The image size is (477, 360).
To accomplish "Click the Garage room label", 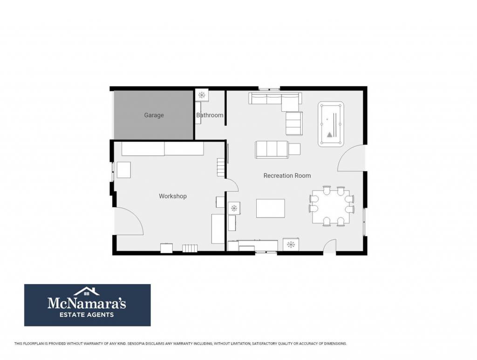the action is [154, 115].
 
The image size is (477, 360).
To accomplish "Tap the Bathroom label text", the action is [210, 115].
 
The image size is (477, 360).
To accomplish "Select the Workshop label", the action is [173, 196].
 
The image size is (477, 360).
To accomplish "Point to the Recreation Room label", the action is [287, 176].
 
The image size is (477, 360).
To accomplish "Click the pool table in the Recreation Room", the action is [331, 124].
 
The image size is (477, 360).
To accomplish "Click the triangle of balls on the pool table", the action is [330, 135].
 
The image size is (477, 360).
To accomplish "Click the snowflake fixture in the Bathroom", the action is [202, 95].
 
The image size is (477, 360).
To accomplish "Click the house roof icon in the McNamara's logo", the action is [87, 291].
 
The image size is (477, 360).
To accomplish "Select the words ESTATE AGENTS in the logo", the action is [87, 315].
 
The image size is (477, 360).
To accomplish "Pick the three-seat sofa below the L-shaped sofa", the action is [272, 149].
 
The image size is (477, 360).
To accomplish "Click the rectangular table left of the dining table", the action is [271, 208].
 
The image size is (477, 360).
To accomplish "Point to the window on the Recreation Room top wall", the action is [269, 89].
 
